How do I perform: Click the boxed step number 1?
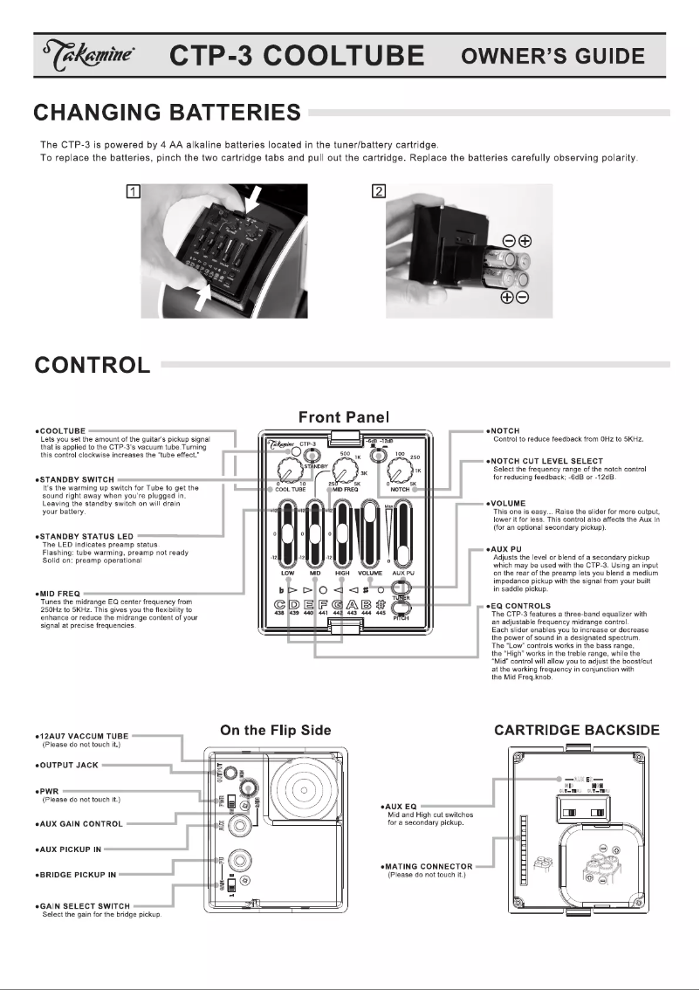coord(133,192)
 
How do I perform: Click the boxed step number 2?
coord(378,192)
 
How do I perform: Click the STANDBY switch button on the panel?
coord(313,455)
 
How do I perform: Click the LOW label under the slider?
coord(287,574)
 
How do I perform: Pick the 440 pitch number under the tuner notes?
coord(308,615)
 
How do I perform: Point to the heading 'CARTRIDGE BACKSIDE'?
coord(577,731)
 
